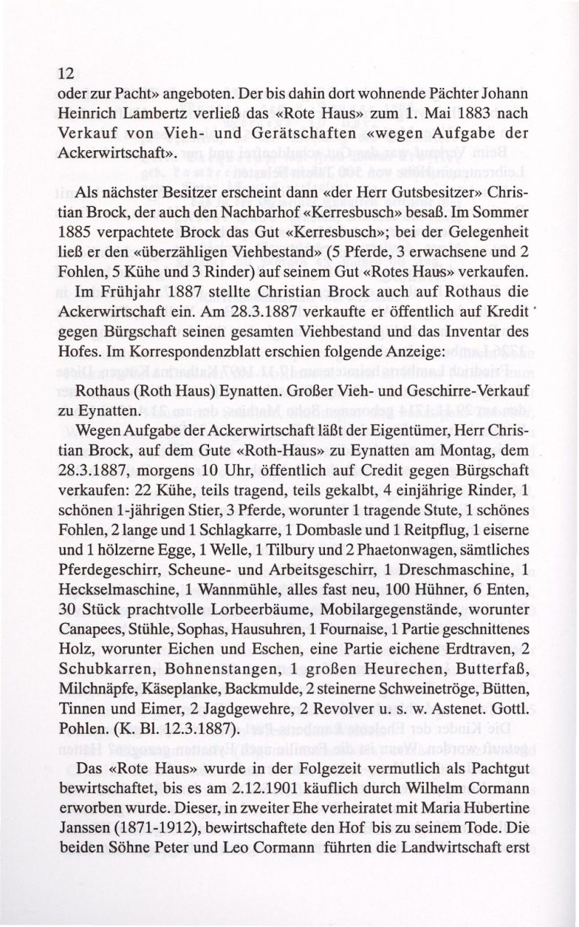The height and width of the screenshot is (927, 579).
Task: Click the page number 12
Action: coord(66,73)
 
